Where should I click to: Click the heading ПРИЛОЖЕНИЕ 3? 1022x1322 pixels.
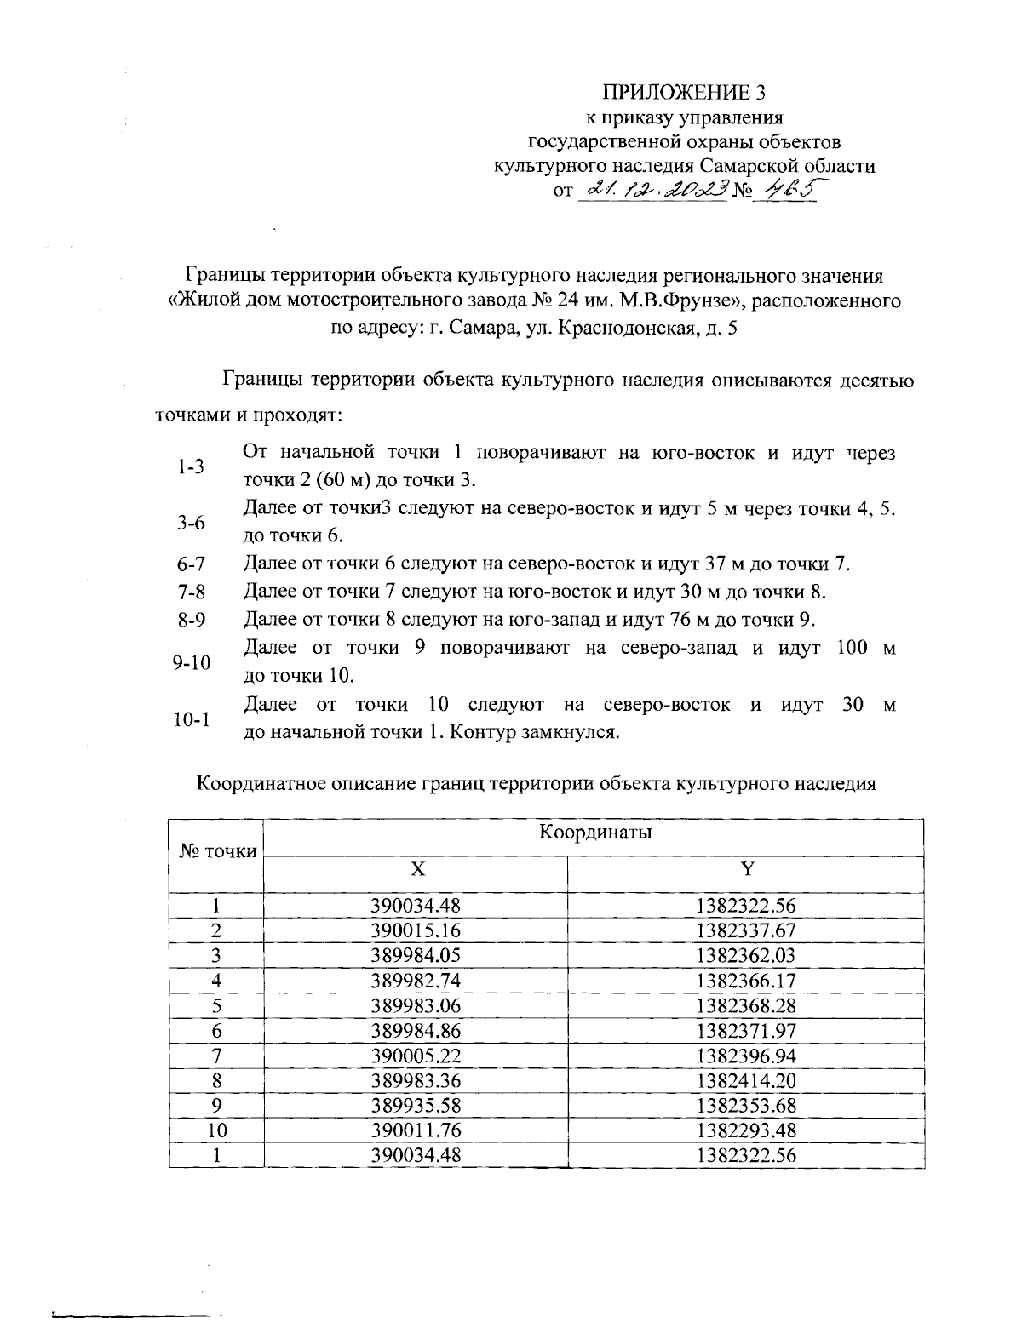(685, 92)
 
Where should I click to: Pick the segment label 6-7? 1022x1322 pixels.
(192, 564)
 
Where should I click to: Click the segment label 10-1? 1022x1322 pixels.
(192, 719)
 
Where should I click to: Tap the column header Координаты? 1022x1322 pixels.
(595, 833)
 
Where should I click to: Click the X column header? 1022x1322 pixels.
(416, 868)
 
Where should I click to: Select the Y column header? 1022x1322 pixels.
(746, 868)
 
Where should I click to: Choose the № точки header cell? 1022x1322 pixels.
(217, 850)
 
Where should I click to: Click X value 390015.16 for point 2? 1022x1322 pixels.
(416, 930)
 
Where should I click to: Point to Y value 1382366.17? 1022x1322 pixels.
(746, 981)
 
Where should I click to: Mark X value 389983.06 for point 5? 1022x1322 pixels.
(416, 1005)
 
